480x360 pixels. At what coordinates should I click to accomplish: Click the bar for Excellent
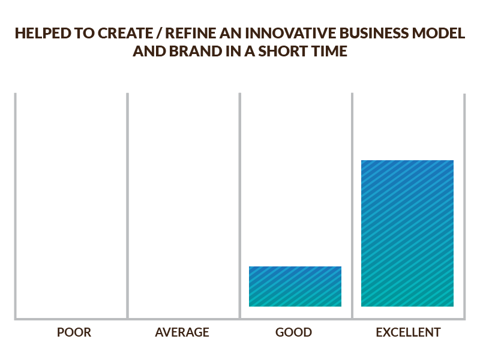click(x=407, y=233)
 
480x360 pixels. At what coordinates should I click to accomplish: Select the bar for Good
click(x=295, y=286)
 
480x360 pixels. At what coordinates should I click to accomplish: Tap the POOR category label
click(x=74, y=332)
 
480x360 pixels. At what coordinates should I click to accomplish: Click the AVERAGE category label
click(x=182, y=332)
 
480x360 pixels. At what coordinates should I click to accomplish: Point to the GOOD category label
click(x=294, y=332)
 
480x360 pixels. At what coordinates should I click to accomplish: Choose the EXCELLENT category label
click(x=408, y=332)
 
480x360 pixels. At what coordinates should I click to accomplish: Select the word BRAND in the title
click(x=188, y=52)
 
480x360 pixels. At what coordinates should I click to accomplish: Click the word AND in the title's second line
click(x=147, y=52)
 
